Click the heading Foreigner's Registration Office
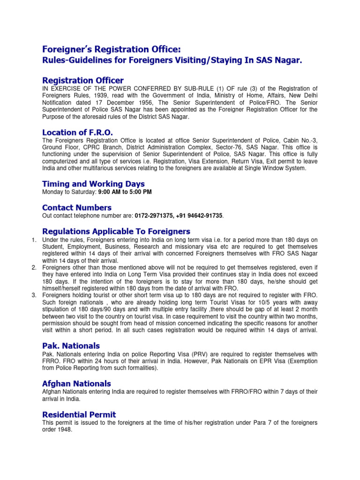(x=111, y=50)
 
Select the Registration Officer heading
(x=83, y=81)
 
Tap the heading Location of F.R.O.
(x=77, y=132)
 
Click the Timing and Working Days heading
(x=93, y=184)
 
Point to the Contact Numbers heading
(x=77, y=207)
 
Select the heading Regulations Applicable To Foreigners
(x=116, y=231)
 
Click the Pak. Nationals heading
(x=71, y=346)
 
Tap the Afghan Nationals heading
(x=76, y=383)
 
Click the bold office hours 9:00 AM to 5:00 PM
(x=124, y=192)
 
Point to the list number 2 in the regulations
(x=34, y=267)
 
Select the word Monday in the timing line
(x=52, y=192)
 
